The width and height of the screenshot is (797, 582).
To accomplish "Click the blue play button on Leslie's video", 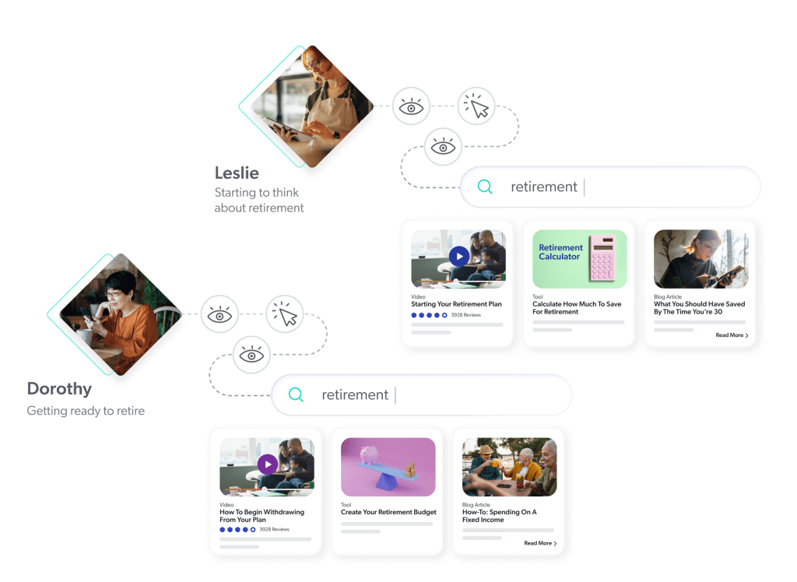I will point(459,256).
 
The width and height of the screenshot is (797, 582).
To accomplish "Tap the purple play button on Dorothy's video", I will point(268,465).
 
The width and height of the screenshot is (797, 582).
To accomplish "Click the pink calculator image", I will point(602,258).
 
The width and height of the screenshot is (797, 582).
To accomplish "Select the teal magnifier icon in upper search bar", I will point(485,187).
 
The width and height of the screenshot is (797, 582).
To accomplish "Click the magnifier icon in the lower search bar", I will point(296,394).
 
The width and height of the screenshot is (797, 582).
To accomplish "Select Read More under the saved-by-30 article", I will point(732,335).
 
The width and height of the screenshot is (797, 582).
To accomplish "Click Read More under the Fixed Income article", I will point(540,543).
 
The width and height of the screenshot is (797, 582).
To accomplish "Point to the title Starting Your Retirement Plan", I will point(456,304).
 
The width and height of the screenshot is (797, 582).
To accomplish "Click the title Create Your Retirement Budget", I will point(388,512).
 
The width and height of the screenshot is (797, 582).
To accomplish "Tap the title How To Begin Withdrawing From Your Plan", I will point(262,516).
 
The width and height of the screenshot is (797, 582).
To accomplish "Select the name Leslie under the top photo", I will point(237,173).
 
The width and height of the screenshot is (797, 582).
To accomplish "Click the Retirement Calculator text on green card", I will point(560,252).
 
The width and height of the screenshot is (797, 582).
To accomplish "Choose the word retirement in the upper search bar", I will point(543,187).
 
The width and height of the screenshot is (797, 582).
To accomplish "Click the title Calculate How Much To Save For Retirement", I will point(577,307).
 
